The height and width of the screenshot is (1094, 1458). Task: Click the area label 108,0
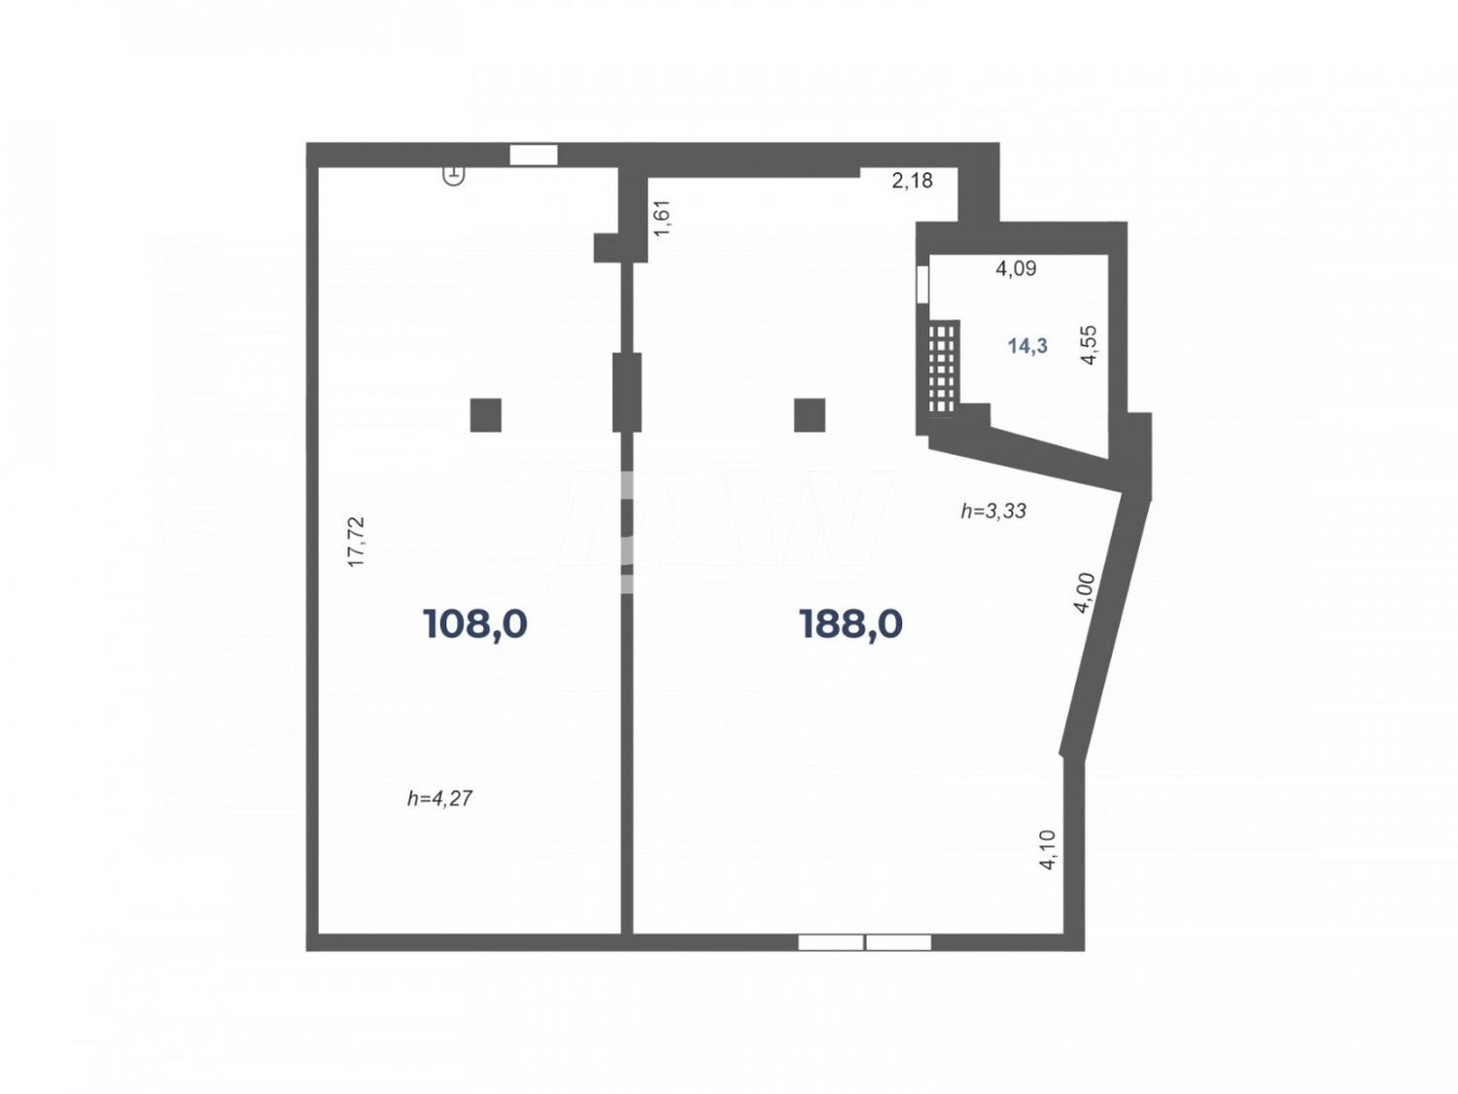[x=475, y=623]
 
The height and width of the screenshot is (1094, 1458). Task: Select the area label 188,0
[x=850, y=623]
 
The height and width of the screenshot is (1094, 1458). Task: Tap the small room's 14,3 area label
[x=1027, y=345]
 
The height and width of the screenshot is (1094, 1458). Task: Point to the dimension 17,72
[x=357, y=541]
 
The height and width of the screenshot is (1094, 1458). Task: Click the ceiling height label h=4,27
[x=440, y=798]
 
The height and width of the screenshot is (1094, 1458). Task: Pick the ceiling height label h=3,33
[x=993, y=511]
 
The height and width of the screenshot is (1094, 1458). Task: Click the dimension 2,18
[x=912, y=180]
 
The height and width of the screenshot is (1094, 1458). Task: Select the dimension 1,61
[x=663, y=218]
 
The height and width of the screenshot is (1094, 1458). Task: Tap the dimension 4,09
[x=1016, y=268]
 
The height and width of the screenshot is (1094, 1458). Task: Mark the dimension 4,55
[x=1089, y=344]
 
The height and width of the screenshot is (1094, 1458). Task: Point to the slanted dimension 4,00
[x=1085, y=593]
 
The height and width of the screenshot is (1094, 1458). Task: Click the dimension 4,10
[x=1048, y=849]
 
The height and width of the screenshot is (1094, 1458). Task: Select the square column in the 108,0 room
[x=486, y=415]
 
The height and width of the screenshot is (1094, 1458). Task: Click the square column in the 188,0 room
[x=810, y=415]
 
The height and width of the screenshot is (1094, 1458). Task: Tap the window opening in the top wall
[x=534, y=155]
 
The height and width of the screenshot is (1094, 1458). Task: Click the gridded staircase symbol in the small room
[x=942, y=369]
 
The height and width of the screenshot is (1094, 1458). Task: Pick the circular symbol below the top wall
[x=454, y=175]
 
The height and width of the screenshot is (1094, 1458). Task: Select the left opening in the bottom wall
[x=830, y=942]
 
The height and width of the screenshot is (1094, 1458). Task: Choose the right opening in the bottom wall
[x=898, y=942]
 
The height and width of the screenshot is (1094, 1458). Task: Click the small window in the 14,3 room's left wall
[x=922, y=283]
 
